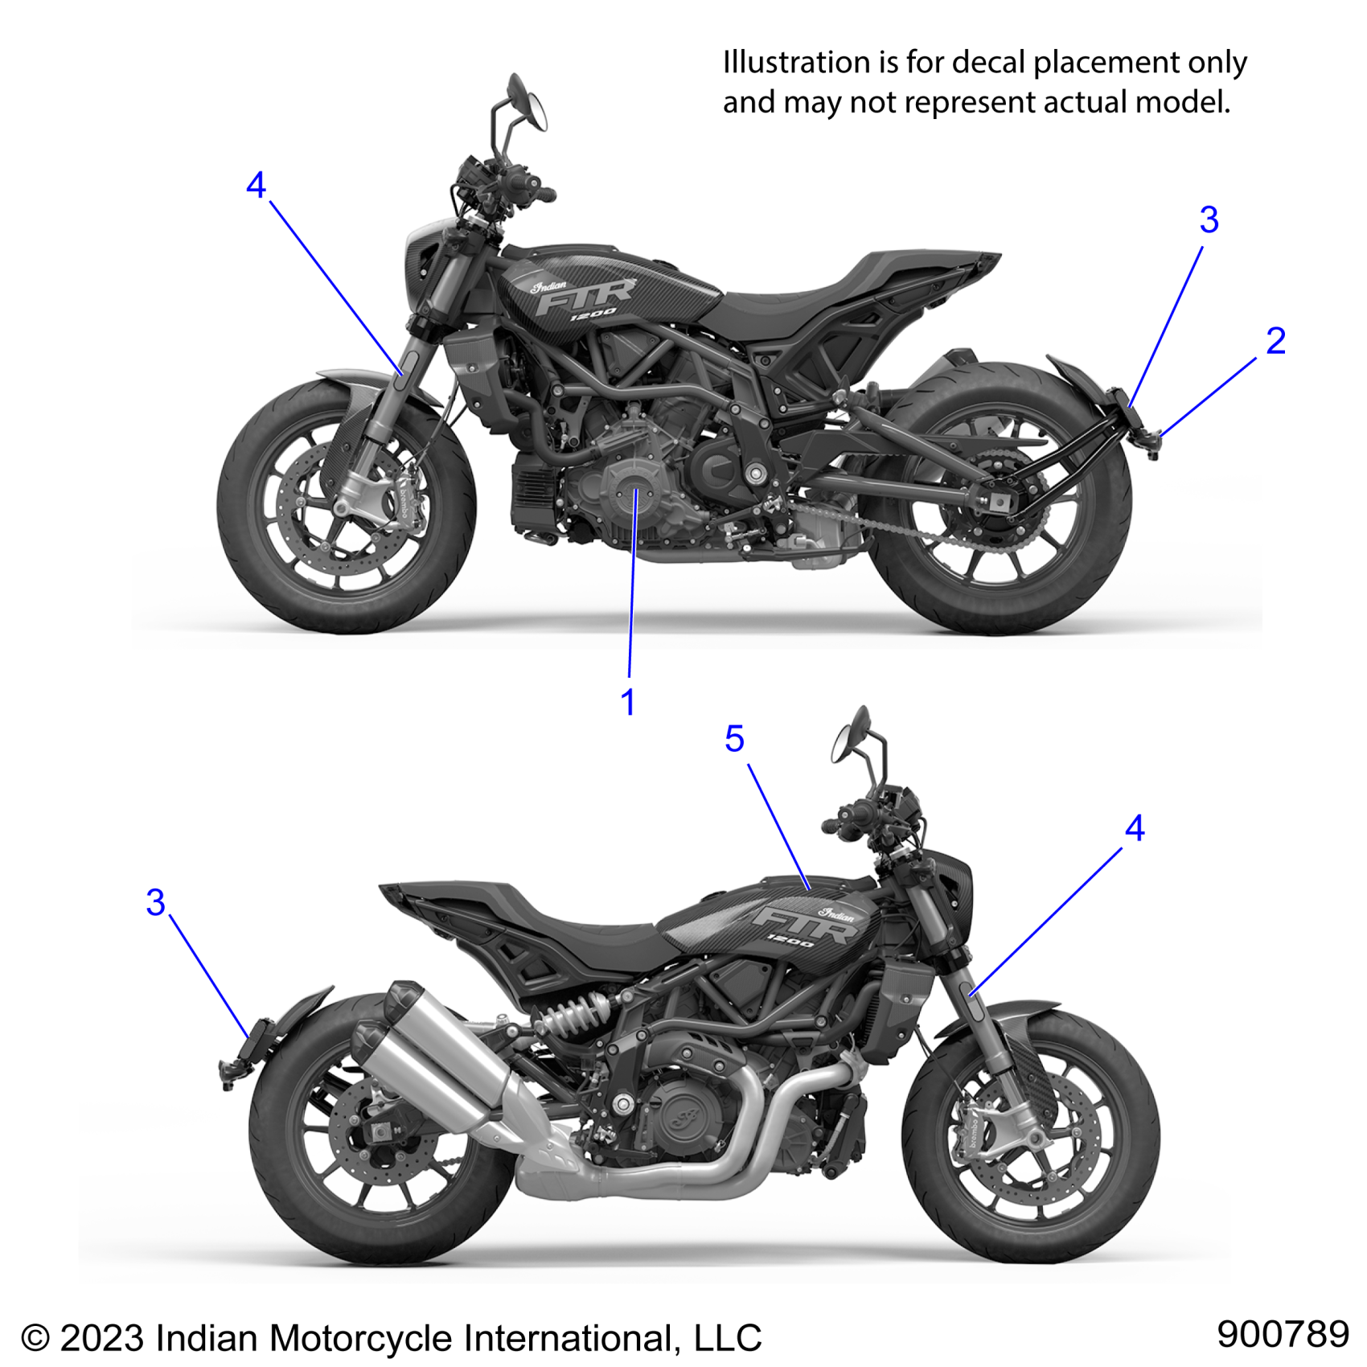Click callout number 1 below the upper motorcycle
pyautogui.click(x=628, y=703)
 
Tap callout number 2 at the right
pyautogui.click(x=1275, y=342)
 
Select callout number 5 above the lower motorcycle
pyautogui.click(x=734, y=739)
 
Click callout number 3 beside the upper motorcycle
pyautogui.click(x=1209, y=220)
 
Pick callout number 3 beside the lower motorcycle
pyautogui.click(x=156, y=902)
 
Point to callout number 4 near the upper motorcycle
pyautogui.click(x=256, y=186)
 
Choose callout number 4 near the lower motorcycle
pyautogui.click(x=1135, y=828)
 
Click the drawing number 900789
pyautogui.click(x=1283, y=1334)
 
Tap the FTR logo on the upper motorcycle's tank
pyautogui.click(x=585, y=297)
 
